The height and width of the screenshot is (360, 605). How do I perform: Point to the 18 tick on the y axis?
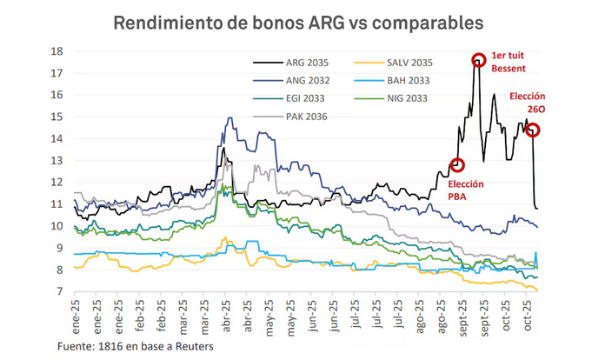click(56, 50)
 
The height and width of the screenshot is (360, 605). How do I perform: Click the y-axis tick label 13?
click(56, 160)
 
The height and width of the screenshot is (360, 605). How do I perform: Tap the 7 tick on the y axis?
click(58, 292)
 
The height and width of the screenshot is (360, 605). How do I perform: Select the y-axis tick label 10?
click(56, 226)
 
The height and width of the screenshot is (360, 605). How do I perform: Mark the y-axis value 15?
click(56, 117)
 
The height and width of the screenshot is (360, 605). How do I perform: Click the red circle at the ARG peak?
click(479, 60)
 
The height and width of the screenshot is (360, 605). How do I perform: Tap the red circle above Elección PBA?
click(458, 165)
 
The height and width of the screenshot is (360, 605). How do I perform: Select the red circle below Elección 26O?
click(533, 130)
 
